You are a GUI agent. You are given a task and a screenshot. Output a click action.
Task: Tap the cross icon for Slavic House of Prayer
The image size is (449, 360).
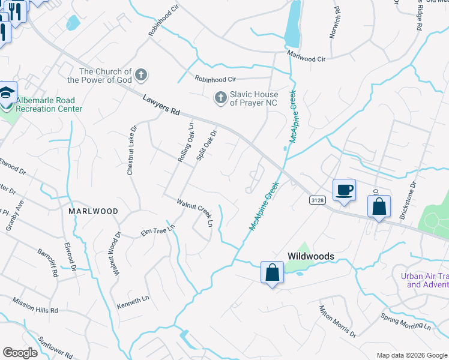pos(221,97)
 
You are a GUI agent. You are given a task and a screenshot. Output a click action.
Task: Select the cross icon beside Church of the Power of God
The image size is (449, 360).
pos(141,75)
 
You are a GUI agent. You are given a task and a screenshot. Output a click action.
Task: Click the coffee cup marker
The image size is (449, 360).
pos(344,190)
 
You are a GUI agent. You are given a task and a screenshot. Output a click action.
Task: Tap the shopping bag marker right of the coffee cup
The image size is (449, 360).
pos(379,207)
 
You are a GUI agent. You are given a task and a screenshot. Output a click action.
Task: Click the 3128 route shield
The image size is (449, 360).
pos(318,199)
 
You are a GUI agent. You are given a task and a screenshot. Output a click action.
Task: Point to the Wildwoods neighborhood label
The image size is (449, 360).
pos(310,256)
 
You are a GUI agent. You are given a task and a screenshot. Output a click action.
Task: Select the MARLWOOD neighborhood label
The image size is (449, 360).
pos(92,212)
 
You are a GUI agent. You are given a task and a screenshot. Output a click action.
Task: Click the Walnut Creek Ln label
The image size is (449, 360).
pos(194,212)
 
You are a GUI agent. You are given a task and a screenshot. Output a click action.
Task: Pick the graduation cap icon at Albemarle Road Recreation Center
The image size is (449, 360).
pos(7,93)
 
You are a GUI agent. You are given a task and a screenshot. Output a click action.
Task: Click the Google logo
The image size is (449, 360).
pos(20,353)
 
